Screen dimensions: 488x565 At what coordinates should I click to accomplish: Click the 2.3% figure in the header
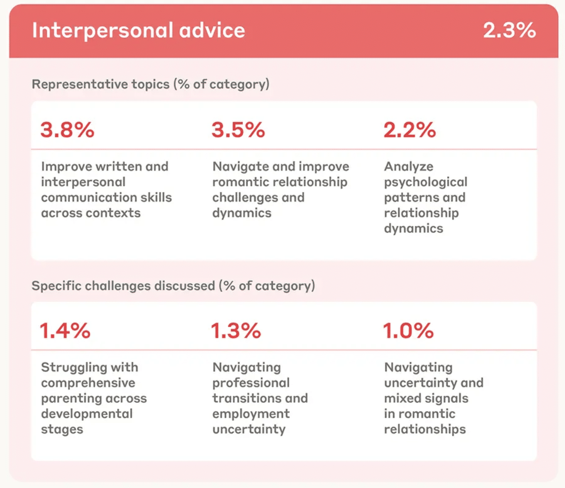click(509, 31)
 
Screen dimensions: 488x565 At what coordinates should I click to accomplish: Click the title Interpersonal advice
click(138, 31)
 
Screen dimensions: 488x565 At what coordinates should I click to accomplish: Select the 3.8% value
click(67, 130)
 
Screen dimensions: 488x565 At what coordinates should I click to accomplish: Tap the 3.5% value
click(238, 130)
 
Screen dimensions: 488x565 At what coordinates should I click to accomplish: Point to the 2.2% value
click(410, 130)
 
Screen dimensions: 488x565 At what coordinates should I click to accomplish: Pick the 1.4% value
click(66, 331)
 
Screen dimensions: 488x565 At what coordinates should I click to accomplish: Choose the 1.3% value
click(236, 331)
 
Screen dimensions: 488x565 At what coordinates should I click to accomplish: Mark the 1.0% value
click(408, 331)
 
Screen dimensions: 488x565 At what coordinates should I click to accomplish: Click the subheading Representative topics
click(100, 84)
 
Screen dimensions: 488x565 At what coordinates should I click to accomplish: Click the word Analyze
click(408, 166)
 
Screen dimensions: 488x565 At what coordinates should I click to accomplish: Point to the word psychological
click(426, 182)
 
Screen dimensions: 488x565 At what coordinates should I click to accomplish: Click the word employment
click(251, 414)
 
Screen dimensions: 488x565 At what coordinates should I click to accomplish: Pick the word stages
click(62, 429)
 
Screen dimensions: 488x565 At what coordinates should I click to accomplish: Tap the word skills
click(155, 197)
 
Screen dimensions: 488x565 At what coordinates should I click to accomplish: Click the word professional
click(251, 383)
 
